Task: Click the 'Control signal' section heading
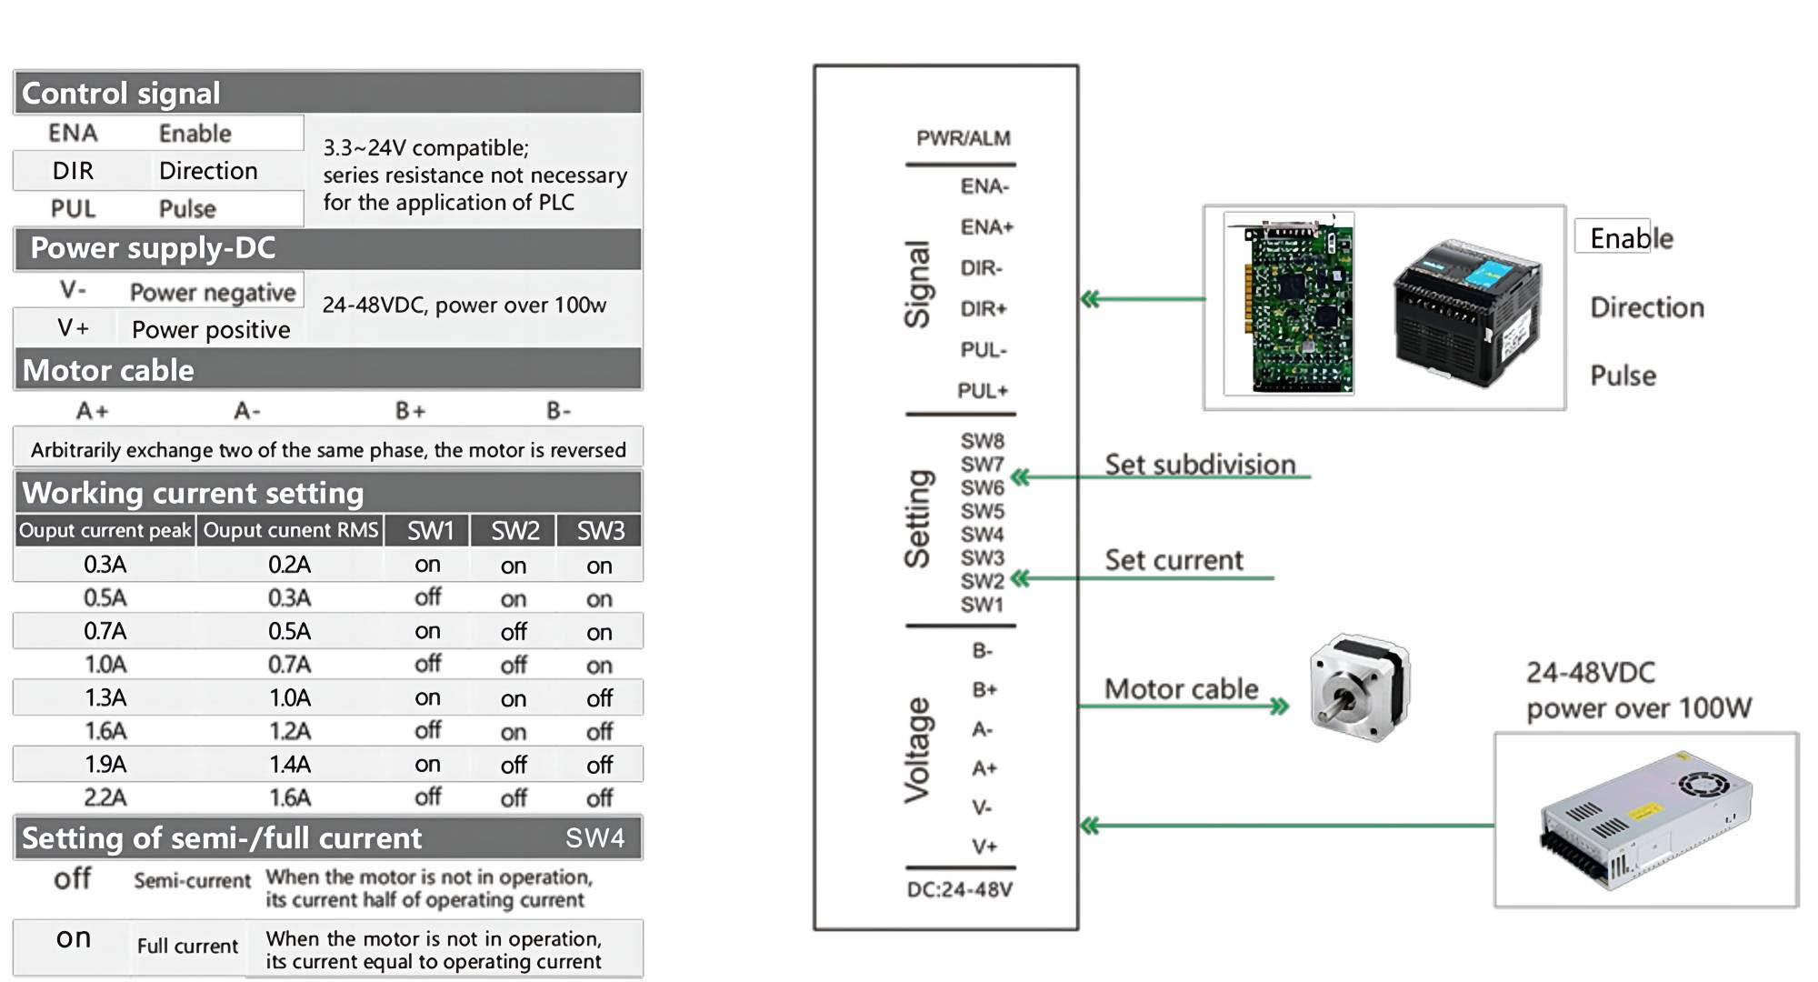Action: click(x=121, y=94)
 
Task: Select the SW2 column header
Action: click(x=514, y=531)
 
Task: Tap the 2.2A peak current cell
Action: click(x=105, y=797)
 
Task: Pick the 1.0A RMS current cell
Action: click(x=289, y=698)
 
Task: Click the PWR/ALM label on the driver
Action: click(x=963, y=138)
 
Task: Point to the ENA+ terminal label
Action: click(x=986, y=227)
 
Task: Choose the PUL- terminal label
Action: click(x=984, y=350)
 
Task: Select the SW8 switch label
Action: click(x=983, y=441)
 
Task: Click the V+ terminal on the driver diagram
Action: click(x=984, y=847)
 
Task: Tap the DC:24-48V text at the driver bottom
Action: click(x=959, y=890)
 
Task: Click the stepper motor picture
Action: click(x=1359, y=688)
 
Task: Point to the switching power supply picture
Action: click(x=1645, y=820)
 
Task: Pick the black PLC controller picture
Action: click(x=1466, y=311)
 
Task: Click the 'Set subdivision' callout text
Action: click(x=1200, y=465)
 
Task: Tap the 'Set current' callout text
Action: click(x=1174, y=560)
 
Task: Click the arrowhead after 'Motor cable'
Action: click(x=1280, y=706)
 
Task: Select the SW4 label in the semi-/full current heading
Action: click(x=594, y=837)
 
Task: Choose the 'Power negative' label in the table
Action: click(x=213, y=293)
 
